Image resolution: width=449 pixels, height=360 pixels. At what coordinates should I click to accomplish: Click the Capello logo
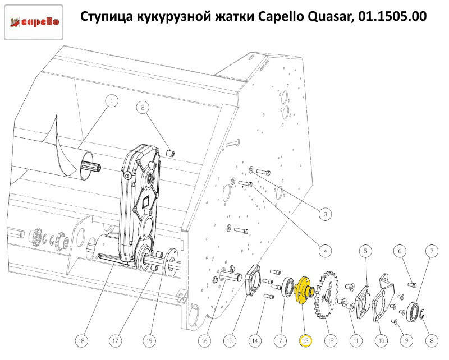[34, 22]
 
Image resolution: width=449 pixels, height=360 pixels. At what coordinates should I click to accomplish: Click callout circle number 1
[112, 101]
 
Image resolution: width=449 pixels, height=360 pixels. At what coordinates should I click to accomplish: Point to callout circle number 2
[143, 108]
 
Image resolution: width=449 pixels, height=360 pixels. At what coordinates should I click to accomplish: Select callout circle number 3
[325, 214]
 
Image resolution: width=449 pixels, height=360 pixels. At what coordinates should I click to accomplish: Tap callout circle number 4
[325, 251]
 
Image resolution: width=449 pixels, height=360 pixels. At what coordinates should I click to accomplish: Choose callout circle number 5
[366, 251]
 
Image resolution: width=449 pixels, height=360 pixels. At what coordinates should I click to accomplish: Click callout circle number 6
[400, 251]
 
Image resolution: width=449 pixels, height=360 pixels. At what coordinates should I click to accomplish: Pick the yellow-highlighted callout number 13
[305, 341]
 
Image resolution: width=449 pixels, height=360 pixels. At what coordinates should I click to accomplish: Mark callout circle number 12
[331, 341]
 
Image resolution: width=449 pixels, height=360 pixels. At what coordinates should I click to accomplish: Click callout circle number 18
[81, 341]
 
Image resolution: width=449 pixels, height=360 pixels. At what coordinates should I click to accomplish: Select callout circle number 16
[204, 341]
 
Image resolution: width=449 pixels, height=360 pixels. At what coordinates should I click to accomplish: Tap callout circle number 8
[432, 341]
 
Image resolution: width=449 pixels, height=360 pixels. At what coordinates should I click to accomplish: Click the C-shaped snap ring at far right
[422, 313]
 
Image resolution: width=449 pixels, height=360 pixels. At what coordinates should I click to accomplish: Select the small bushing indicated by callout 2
[171, 153]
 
